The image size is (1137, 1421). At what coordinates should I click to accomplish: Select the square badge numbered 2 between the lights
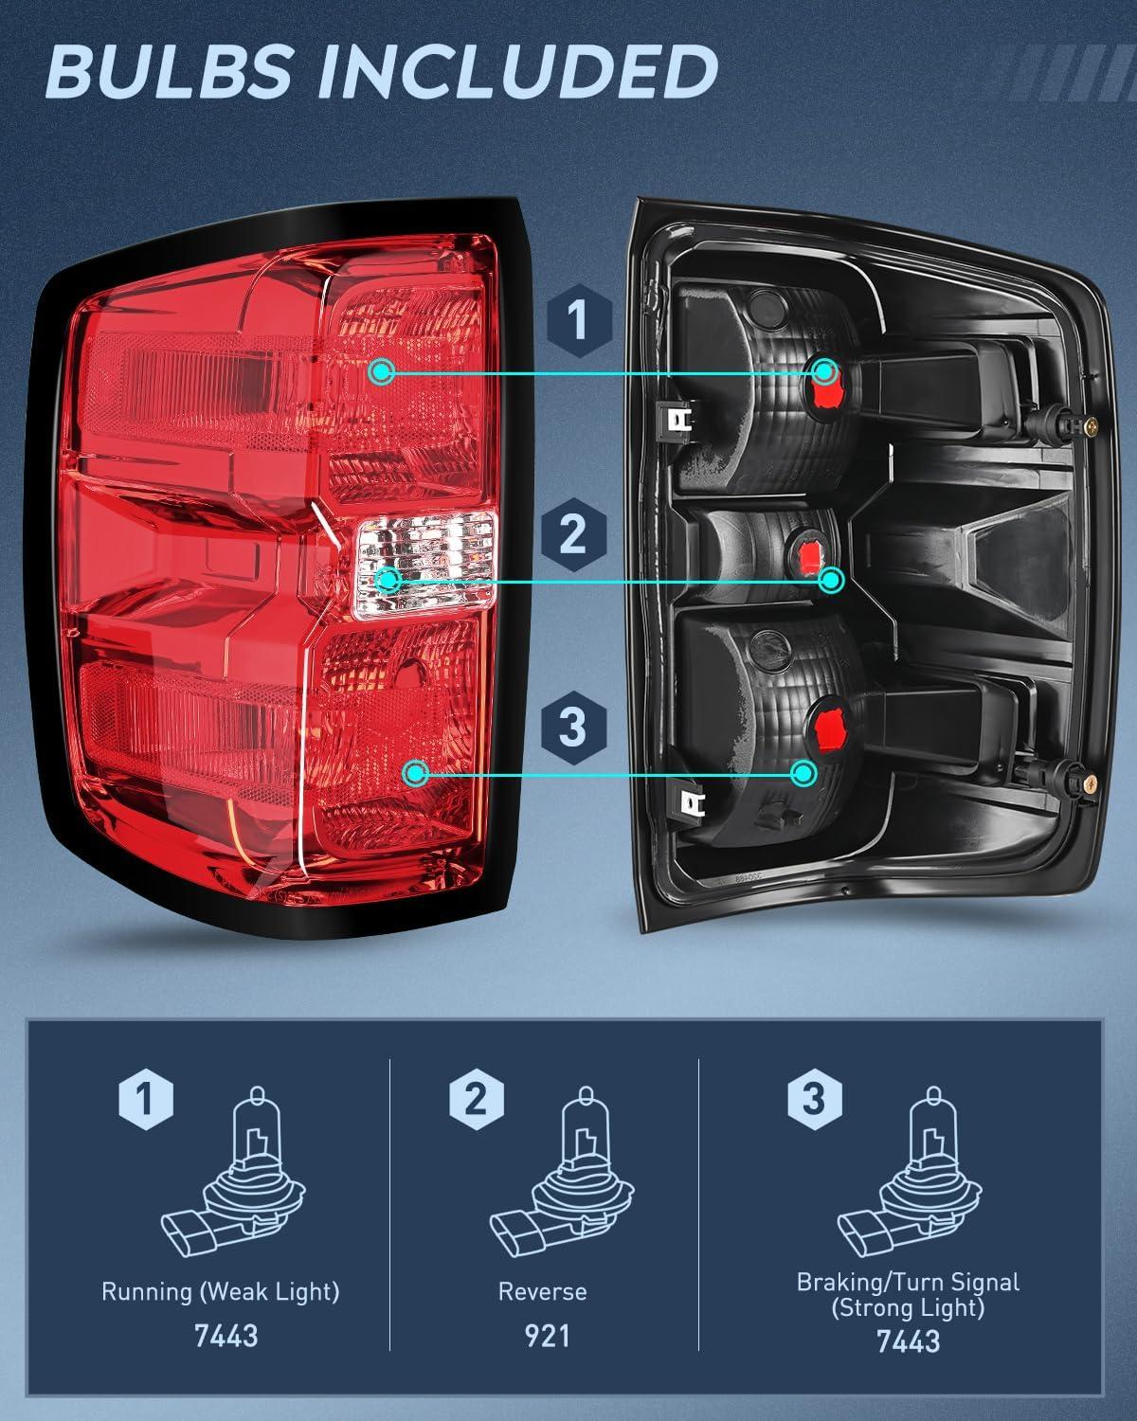574,537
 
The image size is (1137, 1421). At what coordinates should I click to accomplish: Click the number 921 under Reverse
547,1335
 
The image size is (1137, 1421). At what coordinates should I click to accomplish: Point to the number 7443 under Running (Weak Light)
226,1335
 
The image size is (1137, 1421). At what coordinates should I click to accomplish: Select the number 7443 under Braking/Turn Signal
908,1340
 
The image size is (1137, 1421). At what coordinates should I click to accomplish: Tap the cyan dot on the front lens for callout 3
414,774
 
